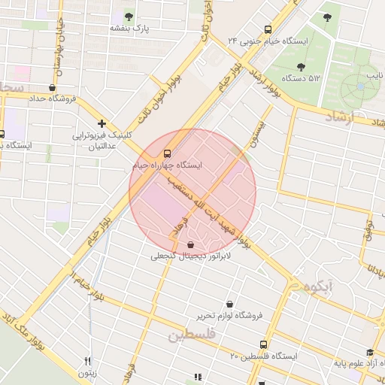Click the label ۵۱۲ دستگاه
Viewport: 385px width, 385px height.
point(299,78)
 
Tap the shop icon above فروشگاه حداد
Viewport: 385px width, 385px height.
point(52,87)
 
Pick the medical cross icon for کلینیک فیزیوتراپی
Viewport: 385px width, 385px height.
point(102,123)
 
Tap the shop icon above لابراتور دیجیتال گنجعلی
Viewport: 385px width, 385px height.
point(189,244)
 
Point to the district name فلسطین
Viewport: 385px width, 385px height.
point(191,334)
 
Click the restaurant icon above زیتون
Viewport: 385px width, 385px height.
point(87,362)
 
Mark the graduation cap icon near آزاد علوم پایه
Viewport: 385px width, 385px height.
point(369,352)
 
